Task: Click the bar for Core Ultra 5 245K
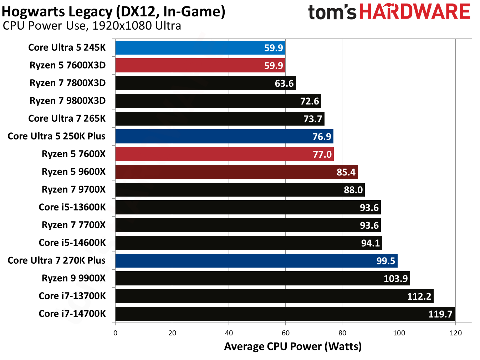pos(200,48)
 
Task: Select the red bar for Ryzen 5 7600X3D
pos(200,65)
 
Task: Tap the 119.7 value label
pos(440,314)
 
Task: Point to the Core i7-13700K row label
pos(72,296)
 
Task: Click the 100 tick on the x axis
pos(399,333)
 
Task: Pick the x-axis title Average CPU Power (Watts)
pos(293,346)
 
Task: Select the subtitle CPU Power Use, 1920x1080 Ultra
pos(92,26)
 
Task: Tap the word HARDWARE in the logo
pos(415,12)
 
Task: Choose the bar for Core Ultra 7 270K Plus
pos(256,260)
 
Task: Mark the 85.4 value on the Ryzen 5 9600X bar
pos(346,172)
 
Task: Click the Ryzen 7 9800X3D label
pos(67,101)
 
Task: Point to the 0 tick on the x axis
pos(115,333)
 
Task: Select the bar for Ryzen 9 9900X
pos(262,278)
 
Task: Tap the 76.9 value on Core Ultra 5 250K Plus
pos(322,137)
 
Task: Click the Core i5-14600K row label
pos(72,243)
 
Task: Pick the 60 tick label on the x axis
pos(285,333)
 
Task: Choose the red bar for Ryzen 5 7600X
pos(224,154)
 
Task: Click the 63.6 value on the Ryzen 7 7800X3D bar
pos(284,83)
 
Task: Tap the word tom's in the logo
pos(332,12)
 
